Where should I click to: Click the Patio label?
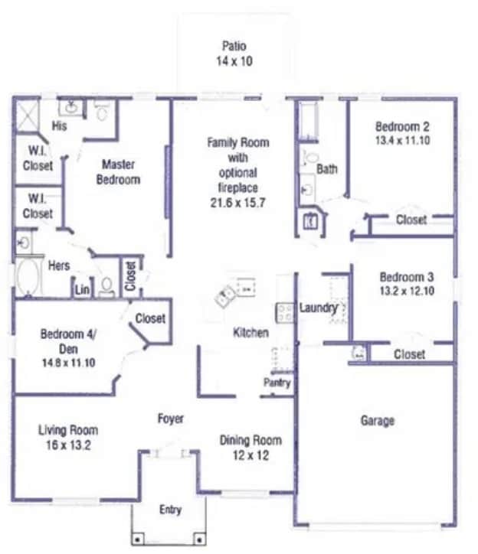coord(234,46)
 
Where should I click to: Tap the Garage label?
coord(378,420)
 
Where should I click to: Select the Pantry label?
coord(277,382)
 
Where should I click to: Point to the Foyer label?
coord(170,419)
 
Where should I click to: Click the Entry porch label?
coord(170,510)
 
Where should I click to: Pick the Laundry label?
coord(318,308)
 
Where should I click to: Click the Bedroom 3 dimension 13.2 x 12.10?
coord(407,292)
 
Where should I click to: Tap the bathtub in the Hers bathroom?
coord(28,279)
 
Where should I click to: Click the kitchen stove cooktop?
coord(285,311)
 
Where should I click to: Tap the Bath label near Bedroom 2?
coord(327,168)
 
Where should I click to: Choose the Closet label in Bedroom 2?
coord(411,220)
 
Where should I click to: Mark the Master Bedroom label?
coord(120,172)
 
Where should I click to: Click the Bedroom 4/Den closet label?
coord(149,318)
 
